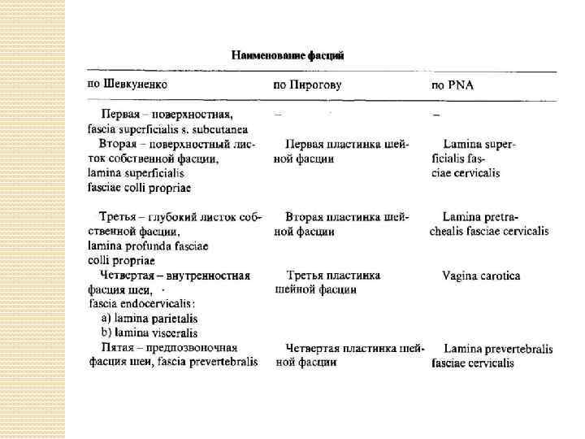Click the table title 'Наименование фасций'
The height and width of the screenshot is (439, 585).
288,55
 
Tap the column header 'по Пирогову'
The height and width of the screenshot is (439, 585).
307,85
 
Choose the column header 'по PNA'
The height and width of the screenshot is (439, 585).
453,85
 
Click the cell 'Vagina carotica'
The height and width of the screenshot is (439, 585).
481,276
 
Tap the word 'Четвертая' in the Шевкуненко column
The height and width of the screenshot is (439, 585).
128,276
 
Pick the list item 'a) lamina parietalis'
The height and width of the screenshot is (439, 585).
149,319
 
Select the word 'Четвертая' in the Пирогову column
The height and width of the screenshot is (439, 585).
316,348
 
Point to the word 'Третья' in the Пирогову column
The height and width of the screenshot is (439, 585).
305,276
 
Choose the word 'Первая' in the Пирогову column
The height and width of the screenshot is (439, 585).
305,143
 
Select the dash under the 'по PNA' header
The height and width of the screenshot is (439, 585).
436,114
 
